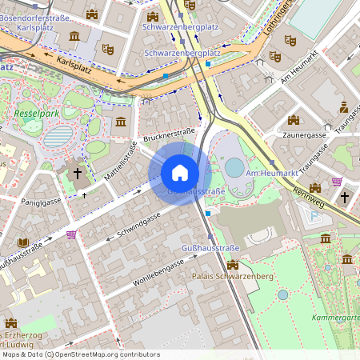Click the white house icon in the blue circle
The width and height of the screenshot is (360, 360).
180,172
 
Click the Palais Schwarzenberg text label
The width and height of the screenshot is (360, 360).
233,276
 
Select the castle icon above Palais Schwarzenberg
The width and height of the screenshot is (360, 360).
233,264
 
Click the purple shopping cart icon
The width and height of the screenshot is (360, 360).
73,234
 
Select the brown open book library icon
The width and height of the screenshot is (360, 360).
23,242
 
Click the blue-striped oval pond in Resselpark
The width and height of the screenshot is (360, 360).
58,137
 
